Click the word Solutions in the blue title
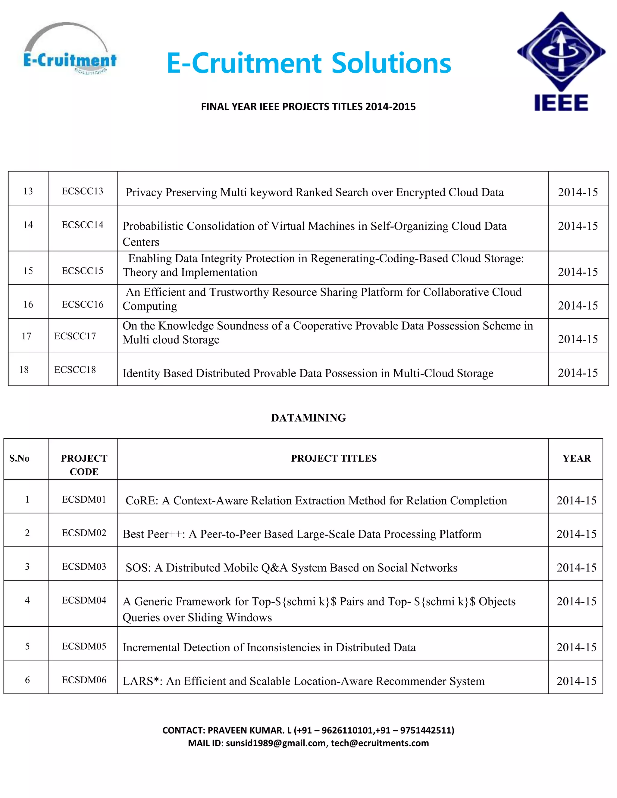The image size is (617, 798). (x=391, y=63)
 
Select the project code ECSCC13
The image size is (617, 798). (x=82, y=191)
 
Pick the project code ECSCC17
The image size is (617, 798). (x=75, y=336)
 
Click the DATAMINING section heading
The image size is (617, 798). (x=308, y=418)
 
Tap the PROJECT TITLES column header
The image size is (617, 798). (x=334, y=458)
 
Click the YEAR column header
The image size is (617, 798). (x=576, y=458)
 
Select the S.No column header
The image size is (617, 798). (x=19, y=458)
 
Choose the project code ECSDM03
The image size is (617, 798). (x=84, y=566)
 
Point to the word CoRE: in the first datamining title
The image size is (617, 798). (x=142, y=500)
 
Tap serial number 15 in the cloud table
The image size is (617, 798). (x=28, y=271)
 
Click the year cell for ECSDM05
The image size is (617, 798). (x=576, y=647)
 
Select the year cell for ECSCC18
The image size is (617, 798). (x=578, y=373)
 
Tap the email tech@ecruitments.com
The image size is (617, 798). (x=380, y=743)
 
